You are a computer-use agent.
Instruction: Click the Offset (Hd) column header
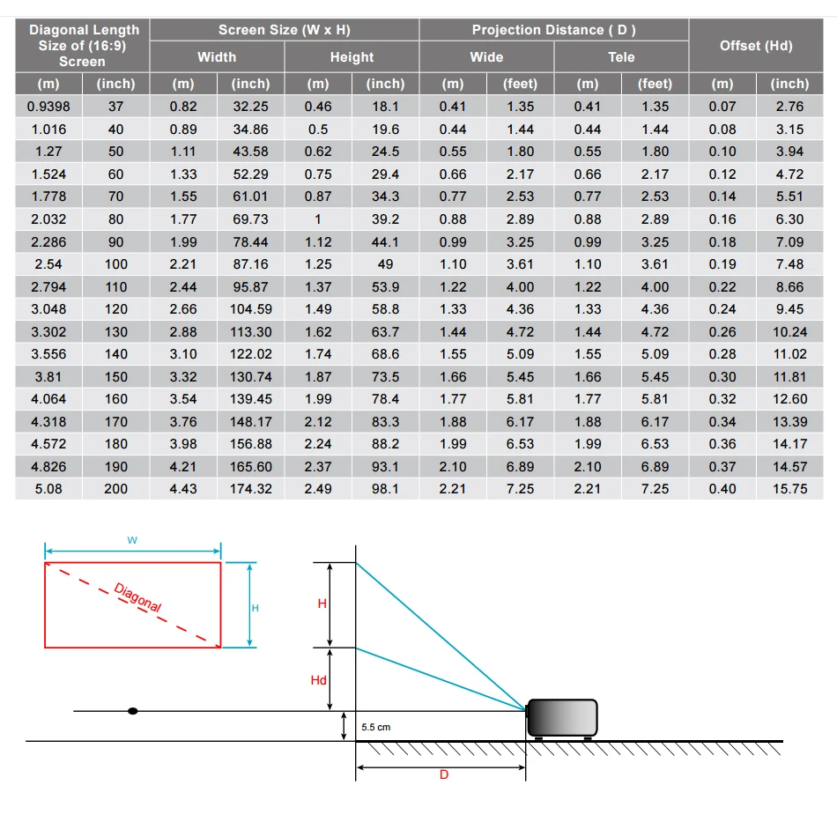point(756,46)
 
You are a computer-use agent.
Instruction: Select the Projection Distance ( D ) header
point(553,30)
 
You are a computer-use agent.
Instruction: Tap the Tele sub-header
point(621,57)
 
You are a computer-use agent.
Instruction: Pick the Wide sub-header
point(486,57)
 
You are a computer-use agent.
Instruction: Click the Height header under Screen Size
point(352,57)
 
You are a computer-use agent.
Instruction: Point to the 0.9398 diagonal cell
point(48,107)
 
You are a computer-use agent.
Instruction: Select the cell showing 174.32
point(251,489)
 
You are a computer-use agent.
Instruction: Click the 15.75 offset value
point(789,489)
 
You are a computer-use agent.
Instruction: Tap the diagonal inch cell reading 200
point(115,489)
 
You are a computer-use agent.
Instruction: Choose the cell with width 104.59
point(251,309)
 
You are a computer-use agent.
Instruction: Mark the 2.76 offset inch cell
point(789,107)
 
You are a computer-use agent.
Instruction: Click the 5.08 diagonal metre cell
point(48,489)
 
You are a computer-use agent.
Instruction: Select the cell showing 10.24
point(789,332)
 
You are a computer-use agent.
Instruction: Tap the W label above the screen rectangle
point(132,540)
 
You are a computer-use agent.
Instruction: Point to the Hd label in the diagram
point(319,680)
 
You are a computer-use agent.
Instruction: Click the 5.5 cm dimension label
point(375,728)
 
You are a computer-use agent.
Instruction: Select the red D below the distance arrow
point(443,774)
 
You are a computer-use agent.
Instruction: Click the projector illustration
point(562,718)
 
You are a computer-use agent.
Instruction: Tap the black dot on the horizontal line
point(132,710)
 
